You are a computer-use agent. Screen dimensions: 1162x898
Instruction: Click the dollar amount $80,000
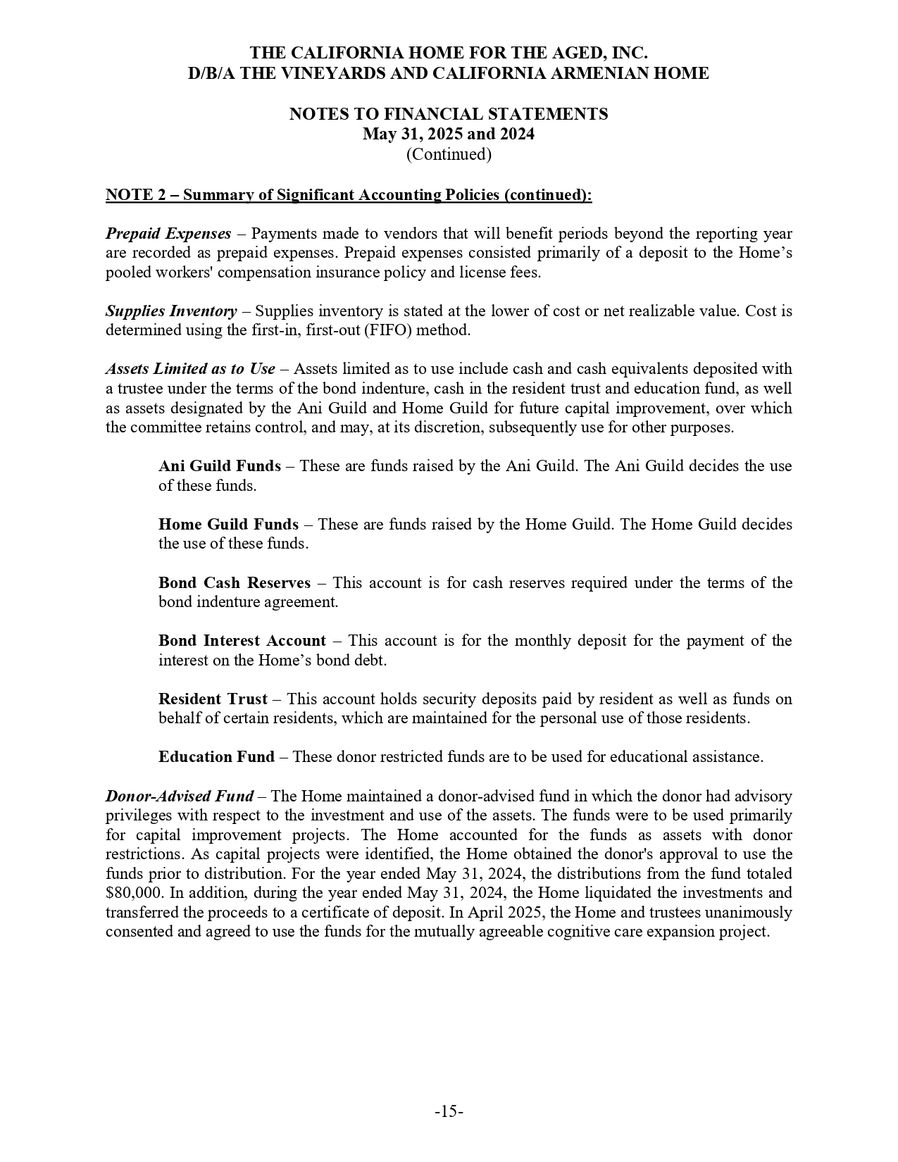coord(133,893)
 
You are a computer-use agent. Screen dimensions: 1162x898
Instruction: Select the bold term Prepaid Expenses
coord(168,234)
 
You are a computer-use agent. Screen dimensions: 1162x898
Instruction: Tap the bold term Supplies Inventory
coord(171,311)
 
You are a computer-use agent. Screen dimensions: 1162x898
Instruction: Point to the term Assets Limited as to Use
coord(190,369)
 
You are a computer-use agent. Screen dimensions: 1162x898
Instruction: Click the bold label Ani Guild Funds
coord(219,466)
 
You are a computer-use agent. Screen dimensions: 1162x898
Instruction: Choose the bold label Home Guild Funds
coord(228,525)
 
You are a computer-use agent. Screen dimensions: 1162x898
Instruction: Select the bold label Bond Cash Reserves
coord(234,583)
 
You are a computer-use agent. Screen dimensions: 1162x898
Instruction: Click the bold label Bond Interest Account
coord(242,641)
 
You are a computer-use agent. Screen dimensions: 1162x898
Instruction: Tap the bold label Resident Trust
coord(213,699)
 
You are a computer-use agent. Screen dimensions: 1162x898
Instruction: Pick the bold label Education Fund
coord(216,757)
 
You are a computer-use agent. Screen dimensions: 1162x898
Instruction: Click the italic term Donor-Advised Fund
coord(180,796)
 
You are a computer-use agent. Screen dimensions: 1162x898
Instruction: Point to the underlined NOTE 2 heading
coord(349,195)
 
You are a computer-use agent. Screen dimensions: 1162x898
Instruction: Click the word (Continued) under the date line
coord(449,154)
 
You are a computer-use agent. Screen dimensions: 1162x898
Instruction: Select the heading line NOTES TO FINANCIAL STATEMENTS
coord(449,114)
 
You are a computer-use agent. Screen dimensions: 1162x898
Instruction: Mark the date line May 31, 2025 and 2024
coord(449,134)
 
